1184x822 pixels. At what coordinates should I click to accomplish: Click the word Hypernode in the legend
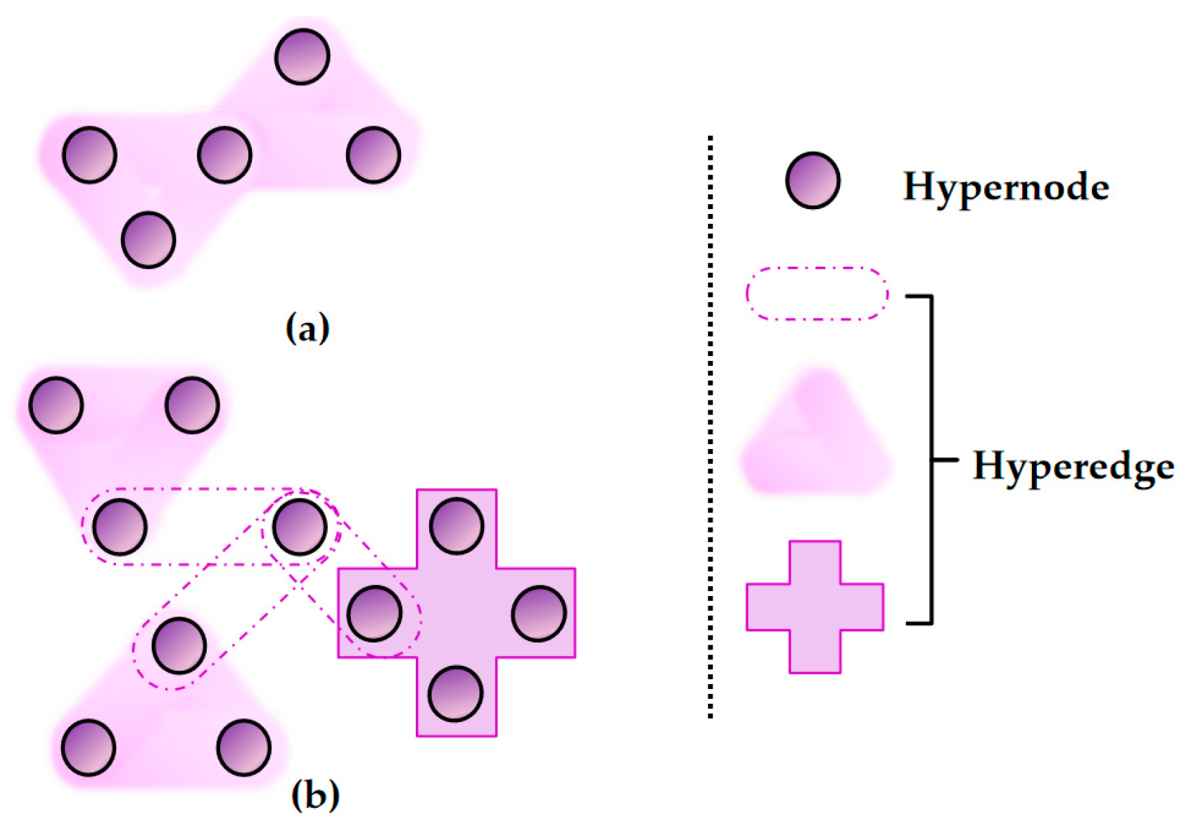[1006, 187]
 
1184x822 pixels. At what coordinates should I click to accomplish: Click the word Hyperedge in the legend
[1073, 467]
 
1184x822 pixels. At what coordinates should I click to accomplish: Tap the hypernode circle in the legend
[813, 180]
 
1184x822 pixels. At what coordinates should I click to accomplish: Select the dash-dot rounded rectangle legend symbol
[817, 294]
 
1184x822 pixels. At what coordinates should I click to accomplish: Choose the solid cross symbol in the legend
[815, 607]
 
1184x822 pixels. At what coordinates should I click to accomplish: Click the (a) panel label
[307, 328]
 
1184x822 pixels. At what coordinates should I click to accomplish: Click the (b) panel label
[314, 795]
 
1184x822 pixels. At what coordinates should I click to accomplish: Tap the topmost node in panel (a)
[302, 56]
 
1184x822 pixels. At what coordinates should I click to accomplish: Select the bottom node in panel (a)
[148, 240]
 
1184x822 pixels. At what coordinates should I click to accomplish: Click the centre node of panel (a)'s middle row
[224, 155]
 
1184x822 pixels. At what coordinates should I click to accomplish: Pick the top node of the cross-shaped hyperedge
[457, 526]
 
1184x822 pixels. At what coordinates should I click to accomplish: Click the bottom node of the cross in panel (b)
[455, 694]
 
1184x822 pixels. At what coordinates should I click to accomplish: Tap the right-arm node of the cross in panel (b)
[539, 614]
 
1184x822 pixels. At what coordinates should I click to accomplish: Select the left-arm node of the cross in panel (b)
[374, 614]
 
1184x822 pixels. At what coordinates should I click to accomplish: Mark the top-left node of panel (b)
[56, 405]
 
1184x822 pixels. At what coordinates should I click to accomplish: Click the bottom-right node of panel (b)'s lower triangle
[243, 747]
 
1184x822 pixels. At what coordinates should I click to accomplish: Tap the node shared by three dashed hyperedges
[300, 526]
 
